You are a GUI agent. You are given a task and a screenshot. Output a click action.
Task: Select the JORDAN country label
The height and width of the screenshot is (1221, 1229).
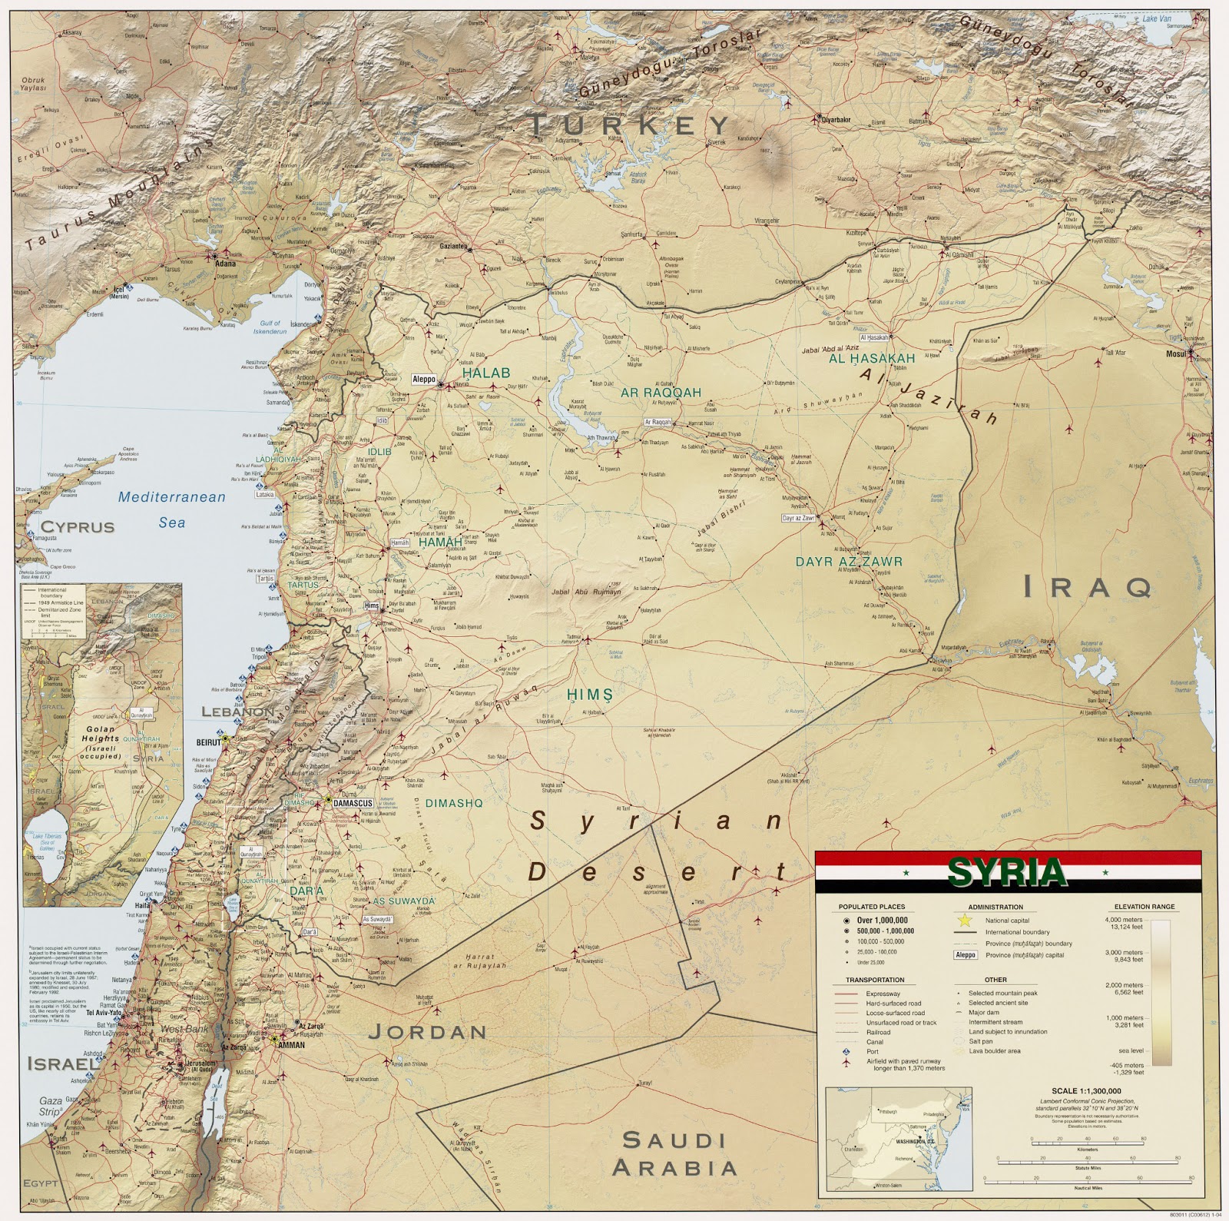click(427, 1032)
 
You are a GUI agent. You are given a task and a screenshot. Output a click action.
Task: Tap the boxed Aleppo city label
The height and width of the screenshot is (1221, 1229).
click(424, 380)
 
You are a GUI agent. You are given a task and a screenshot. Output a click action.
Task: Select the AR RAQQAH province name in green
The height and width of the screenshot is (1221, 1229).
click(661, 392)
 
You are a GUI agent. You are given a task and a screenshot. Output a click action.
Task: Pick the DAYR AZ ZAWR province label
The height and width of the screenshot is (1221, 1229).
click(849, 562)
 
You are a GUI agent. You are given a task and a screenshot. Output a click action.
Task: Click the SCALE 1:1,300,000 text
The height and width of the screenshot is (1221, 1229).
click(1085, 1090)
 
